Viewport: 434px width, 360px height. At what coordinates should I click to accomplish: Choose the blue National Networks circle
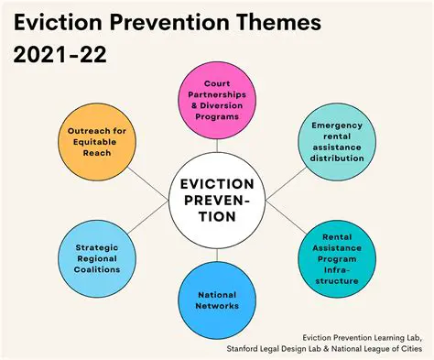click(216, 300)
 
